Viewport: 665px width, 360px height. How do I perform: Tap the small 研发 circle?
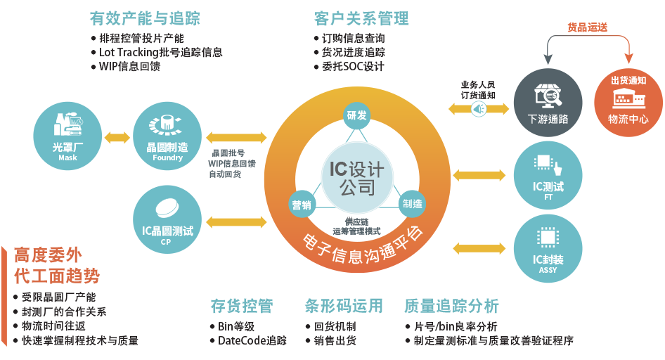356,115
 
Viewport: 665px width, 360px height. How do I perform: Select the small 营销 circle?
302,204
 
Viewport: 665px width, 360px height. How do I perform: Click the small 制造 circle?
412,204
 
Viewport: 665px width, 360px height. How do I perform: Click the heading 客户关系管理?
361,18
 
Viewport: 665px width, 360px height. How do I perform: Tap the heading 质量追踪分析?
451,306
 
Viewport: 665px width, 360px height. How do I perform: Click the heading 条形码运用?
344,306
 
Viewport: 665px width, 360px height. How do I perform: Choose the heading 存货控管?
241,306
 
